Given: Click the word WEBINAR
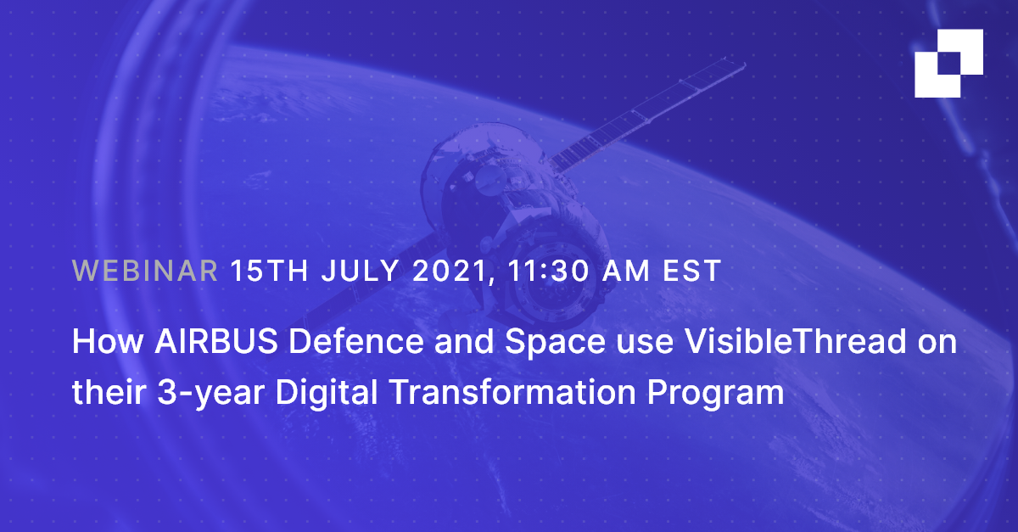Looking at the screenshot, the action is tap(145, 271).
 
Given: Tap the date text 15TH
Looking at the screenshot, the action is tap(269, 271).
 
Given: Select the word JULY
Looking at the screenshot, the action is tap(361, 271).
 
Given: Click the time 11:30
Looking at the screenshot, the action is tap(549, 271).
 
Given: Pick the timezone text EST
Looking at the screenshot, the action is tap(691, 271).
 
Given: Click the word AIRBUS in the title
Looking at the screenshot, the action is tap(216, 341).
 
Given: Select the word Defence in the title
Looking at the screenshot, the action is tap(356, 341).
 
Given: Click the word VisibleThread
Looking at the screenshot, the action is tap(796, 340).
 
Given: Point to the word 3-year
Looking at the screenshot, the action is tap(211, 393).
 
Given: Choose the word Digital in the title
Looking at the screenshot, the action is tap(327, 391).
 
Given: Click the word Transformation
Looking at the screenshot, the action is tap(512, 391).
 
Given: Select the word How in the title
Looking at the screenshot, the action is tap(108, 341).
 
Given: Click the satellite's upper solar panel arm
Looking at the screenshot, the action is tap(646, 114).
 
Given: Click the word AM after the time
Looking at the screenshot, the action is tap(626, 271).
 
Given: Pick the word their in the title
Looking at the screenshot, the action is tap(109, 391).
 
